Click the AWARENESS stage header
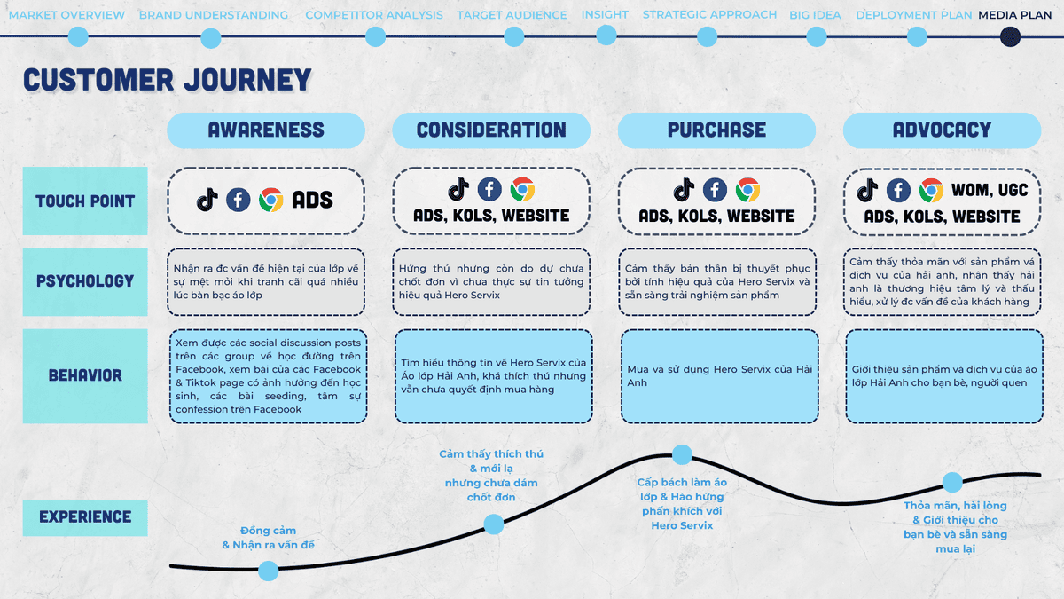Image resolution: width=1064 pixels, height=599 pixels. (x=266, y=130)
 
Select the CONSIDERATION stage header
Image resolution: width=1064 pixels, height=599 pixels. (x=491, y=130)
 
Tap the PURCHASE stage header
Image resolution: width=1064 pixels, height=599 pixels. (x=716, y=130)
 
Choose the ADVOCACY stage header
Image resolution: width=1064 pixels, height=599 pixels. (x=942, y=130)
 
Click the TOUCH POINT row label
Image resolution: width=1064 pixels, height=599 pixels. (x=85, y=201)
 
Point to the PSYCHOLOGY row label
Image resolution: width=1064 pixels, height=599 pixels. (x=85, y=281)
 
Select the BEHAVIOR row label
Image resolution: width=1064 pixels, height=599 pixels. (x=85, y=375)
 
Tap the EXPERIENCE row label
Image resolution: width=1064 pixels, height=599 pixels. (x=85, y=516)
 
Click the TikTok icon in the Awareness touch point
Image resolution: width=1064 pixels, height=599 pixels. (x=207, y=200)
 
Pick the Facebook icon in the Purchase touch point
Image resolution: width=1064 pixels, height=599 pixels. (x=715, y=189)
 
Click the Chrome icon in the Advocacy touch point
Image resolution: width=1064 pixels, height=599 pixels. (x=930, y=190)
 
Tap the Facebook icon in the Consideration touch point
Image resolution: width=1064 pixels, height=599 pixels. (x=489, y=189)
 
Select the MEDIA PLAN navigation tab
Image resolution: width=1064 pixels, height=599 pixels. (x=1014, y=15)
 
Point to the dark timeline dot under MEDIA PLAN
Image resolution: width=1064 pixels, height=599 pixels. (x=1010, y=36)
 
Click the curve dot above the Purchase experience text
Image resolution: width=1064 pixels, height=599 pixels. (x=682, y=455)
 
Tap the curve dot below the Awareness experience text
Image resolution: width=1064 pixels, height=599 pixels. (x=268, y=571)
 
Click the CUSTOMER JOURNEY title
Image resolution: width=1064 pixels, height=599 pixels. (x=168, y=80)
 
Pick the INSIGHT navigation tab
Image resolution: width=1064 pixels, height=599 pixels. (x=605, y=15)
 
